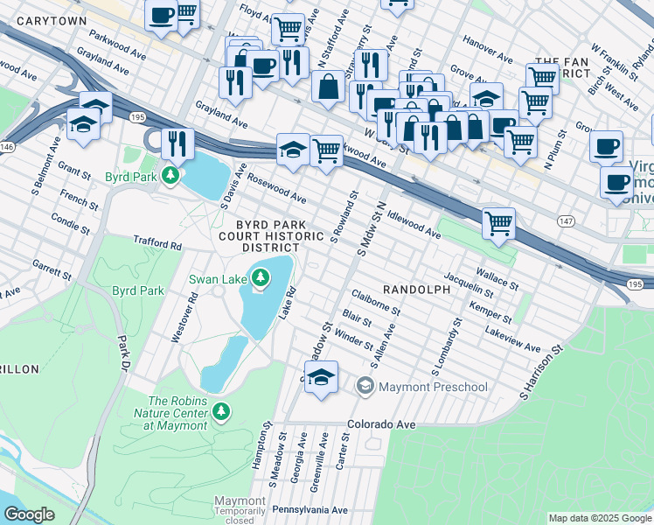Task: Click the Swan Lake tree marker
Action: pyautogui.click(x=260, y=279)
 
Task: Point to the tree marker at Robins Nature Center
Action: pyautogui.click(x=221, y=410)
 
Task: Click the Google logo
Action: pyautogui.click(x=30, y=514)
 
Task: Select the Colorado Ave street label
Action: pyautogui.click(x=380, y=424)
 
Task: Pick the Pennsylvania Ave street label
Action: pyautogui.click(x=310, y=510)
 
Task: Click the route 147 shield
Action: pyautogui.click(x=564, y=222)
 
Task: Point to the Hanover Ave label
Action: pyautogui.click(x=488, y=50)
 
